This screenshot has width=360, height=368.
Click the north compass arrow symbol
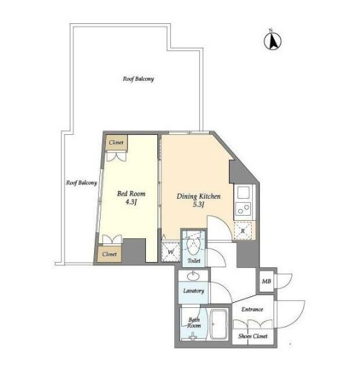pos(272,41)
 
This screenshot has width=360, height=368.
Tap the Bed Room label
pos(131,194)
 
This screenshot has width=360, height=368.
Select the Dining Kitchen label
pos(199,196)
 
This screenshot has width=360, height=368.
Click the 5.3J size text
pos(199,205)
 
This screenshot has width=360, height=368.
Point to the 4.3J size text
pos(131,202)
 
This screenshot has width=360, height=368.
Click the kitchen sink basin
pos(243,192)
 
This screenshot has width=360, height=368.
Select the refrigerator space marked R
pos(243,230)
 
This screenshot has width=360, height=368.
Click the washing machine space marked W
pos(170,252)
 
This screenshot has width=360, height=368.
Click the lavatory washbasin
pos(194,276)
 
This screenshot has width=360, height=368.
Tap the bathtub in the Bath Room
pos(219,324)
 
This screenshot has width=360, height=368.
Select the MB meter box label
pos(266,281)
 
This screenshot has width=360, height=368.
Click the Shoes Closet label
pos(253,336)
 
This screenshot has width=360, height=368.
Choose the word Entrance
pos(252,309)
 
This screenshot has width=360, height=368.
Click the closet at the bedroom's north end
pos(116,143)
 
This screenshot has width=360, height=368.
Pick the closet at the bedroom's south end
pos(110,254)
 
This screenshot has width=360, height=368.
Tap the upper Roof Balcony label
pos(138,79)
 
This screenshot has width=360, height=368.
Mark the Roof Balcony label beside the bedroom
pos(81,183)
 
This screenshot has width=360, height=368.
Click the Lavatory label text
pos(194,291)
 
